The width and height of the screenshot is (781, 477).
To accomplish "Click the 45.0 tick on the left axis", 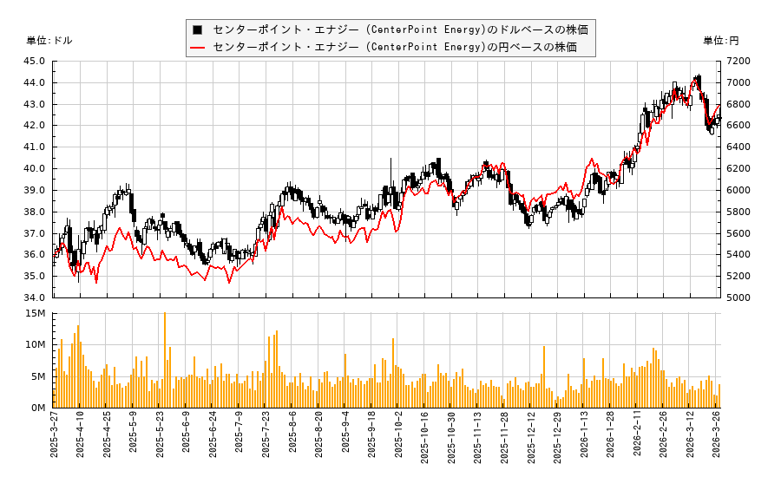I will point(36,61).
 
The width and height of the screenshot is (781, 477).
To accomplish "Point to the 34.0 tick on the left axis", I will point(36,297).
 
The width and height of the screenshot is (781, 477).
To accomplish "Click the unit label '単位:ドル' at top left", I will point(49,41).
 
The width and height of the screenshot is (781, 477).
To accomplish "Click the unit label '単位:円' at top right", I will point(720,41).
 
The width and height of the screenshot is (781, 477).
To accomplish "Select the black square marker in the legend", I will point(198,29).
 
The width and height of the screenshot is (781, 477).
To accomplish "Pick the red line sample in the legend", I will point(198,47).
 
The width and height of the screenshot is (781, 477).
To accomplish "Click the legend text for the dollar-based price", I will point(400,29).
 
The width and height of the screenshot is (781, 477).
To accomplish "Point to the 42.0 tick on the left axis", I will point(36,125).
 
